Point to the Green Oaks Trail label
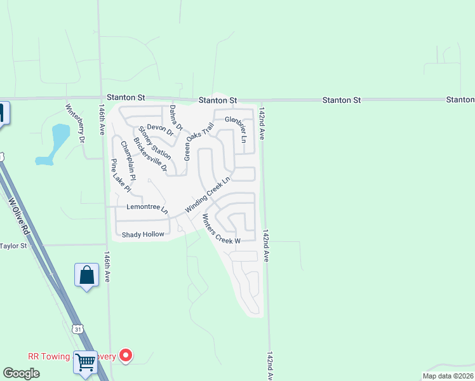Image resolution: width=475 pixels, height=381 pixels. pyautogui.click(x=197, y=141)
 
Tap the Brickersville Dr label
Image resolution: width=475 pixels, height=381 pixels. pyautogui.click(x=151, y=155)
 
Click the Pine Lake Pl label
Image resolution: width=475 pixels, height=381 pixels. pyautogui.click(x=120, y=175)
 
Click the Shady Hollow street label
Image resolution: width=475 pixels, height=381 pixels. pyautogui.click(x=143, y=234)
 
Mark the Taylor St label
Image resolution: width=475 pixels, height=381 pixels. pyautogui.click(x=14, y=246)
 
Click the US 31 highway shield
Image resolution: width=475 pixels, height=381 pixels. pyautogui.click(x=77, y=329)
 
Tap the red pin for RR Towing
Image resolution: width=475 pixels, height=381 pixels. pyautogui.click(x=126, y=356)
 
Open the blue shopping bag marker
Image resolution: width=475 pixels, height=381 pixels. pyautogui.click(x=86, y=276)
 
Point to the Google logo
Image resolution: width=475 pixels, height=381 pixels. pyautogui.click(x=22, y=373)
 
